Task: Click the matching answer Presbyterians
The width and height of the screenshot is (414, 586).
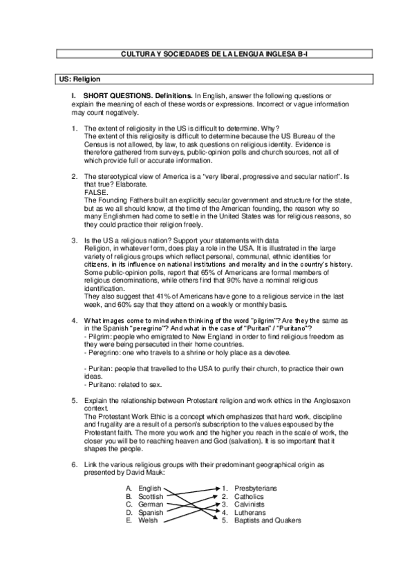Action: coord(255,488)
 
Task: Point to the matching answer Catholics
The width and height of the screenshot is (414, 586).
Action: coord(249,496)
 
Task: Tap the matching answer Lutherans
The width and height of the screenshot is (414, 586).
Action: coord(250,513)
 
